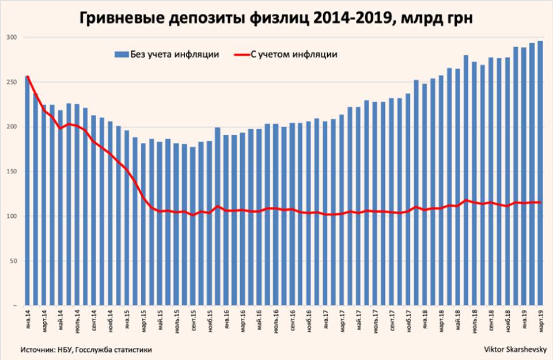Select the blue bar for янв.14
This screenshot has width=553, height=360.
[x=27, y=190]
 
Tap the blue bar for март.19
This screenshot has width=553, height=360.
[x=540, y=173]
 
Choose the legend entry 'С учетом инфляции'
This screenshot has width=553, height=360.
[x=294, y=54]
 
